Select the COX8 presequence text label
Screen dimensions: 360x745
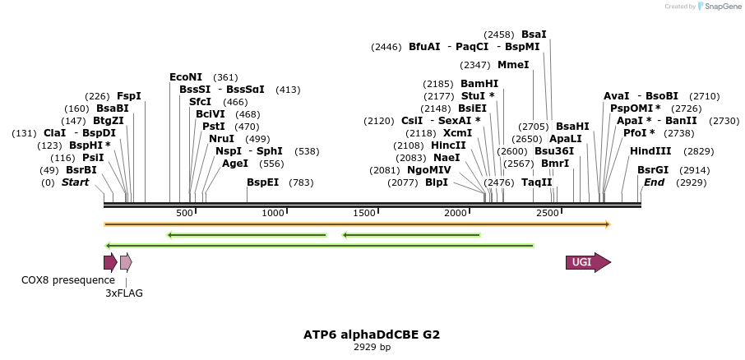tap(57, 280)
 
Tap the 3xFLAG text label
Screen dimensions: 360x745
tap(123, 293)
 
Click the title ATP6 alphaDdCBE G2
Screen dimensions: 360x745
tap(372, 335)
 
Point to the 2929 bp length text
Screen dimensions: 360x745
tap(372, 347)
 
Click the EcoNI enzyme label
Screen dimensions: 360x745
tap(186, 77)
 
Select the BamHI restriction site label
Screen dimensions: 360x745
tap(479, 84)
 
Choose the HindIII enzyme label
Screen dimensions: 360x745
tap(650, 151)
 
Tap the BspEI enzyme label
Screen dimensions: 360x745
tap(263, 182)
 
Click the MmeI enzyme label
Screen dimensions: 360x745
tap(513, 65)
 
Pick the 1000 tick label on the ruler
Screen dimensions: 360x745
tap(273, 213)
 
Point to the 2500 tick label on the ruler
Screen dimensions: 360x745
tap(548, 213)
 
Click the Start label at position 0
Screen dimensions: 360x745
tap(75, 182)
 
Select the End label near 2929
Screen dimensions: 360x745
tap(654, 182)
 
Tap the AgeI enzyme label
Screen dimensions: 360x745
tap(235, 164)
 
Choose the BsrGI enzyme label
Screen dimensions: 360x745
tap(653, 170)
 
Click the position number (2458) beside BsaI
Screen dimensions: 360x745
tap(498, 35)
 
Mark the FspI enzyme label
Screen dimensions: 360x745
tap(129, 96)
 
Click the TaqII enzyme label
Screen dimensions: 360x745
tap(537, 182)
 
